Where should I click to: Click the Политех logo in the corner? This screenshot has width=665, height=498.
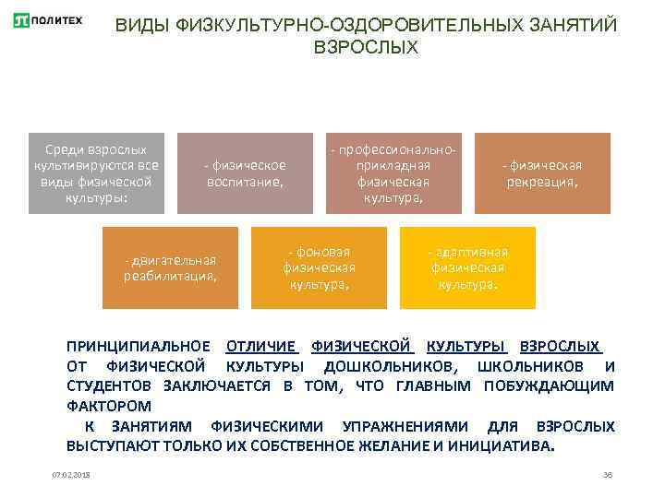(48, 19)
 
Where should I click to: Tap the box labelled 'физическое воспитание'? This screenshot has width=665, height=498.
(245, 173)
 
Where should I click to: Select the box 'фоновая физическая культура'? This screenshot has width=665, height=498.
(320, 267)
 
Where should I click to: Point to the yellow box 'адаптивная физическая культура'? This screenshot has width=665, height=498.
(467, 267)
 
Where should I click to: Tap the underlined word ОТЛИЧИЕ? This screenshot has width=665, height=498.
(261, 347)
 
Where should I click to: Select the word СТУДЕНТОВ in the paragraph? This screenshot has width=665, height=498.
(110, 385)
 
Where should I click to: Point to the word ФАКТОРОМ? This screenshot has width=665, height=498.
(109, 406)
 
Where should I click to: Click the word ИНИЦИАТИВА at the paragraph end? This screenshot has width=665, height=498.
(501, 445)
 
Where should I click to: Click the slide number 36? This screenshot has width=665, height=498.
(607, 475)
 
